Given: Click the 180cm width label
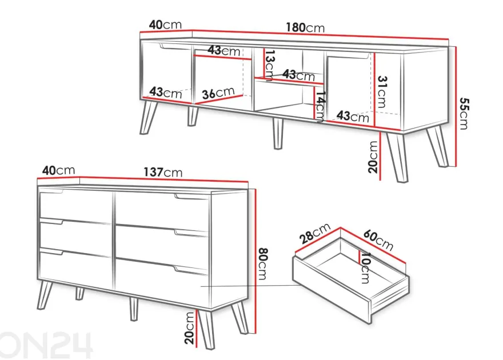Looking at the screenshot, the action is (305, 27).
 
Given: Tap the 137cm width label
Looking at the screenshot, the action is (163, 172).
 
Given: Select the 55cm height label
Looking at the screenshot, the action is (464, 113).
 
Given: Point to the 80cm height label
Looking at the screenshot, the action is (263, 263).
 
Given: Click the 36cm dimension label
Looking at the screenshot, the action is (218, 93).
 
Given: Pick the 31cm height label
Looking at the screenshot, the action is (382, 91).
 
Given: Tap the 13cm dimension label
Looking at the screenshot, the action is (269, 65).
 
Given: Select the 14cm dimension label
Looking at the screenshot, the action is (320, 107).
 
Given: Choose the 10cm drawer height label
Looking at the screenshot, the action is (365, 267).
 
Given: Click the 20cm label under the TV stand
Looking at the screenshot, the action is (373, 157).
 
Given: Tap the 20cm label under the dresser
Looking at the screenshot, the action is (190, 328).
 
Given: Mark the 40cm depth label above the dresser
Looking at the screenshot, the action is (59, 170).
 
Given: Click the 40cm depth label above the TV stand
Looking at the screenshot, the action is (165, 25).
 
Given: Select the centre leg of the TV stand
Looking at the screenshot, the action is (278, 134).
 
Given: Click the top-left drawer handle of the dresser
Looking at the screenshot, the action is (51, 191).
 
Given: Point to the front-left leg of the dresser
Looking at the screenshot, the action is (45, 295).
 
